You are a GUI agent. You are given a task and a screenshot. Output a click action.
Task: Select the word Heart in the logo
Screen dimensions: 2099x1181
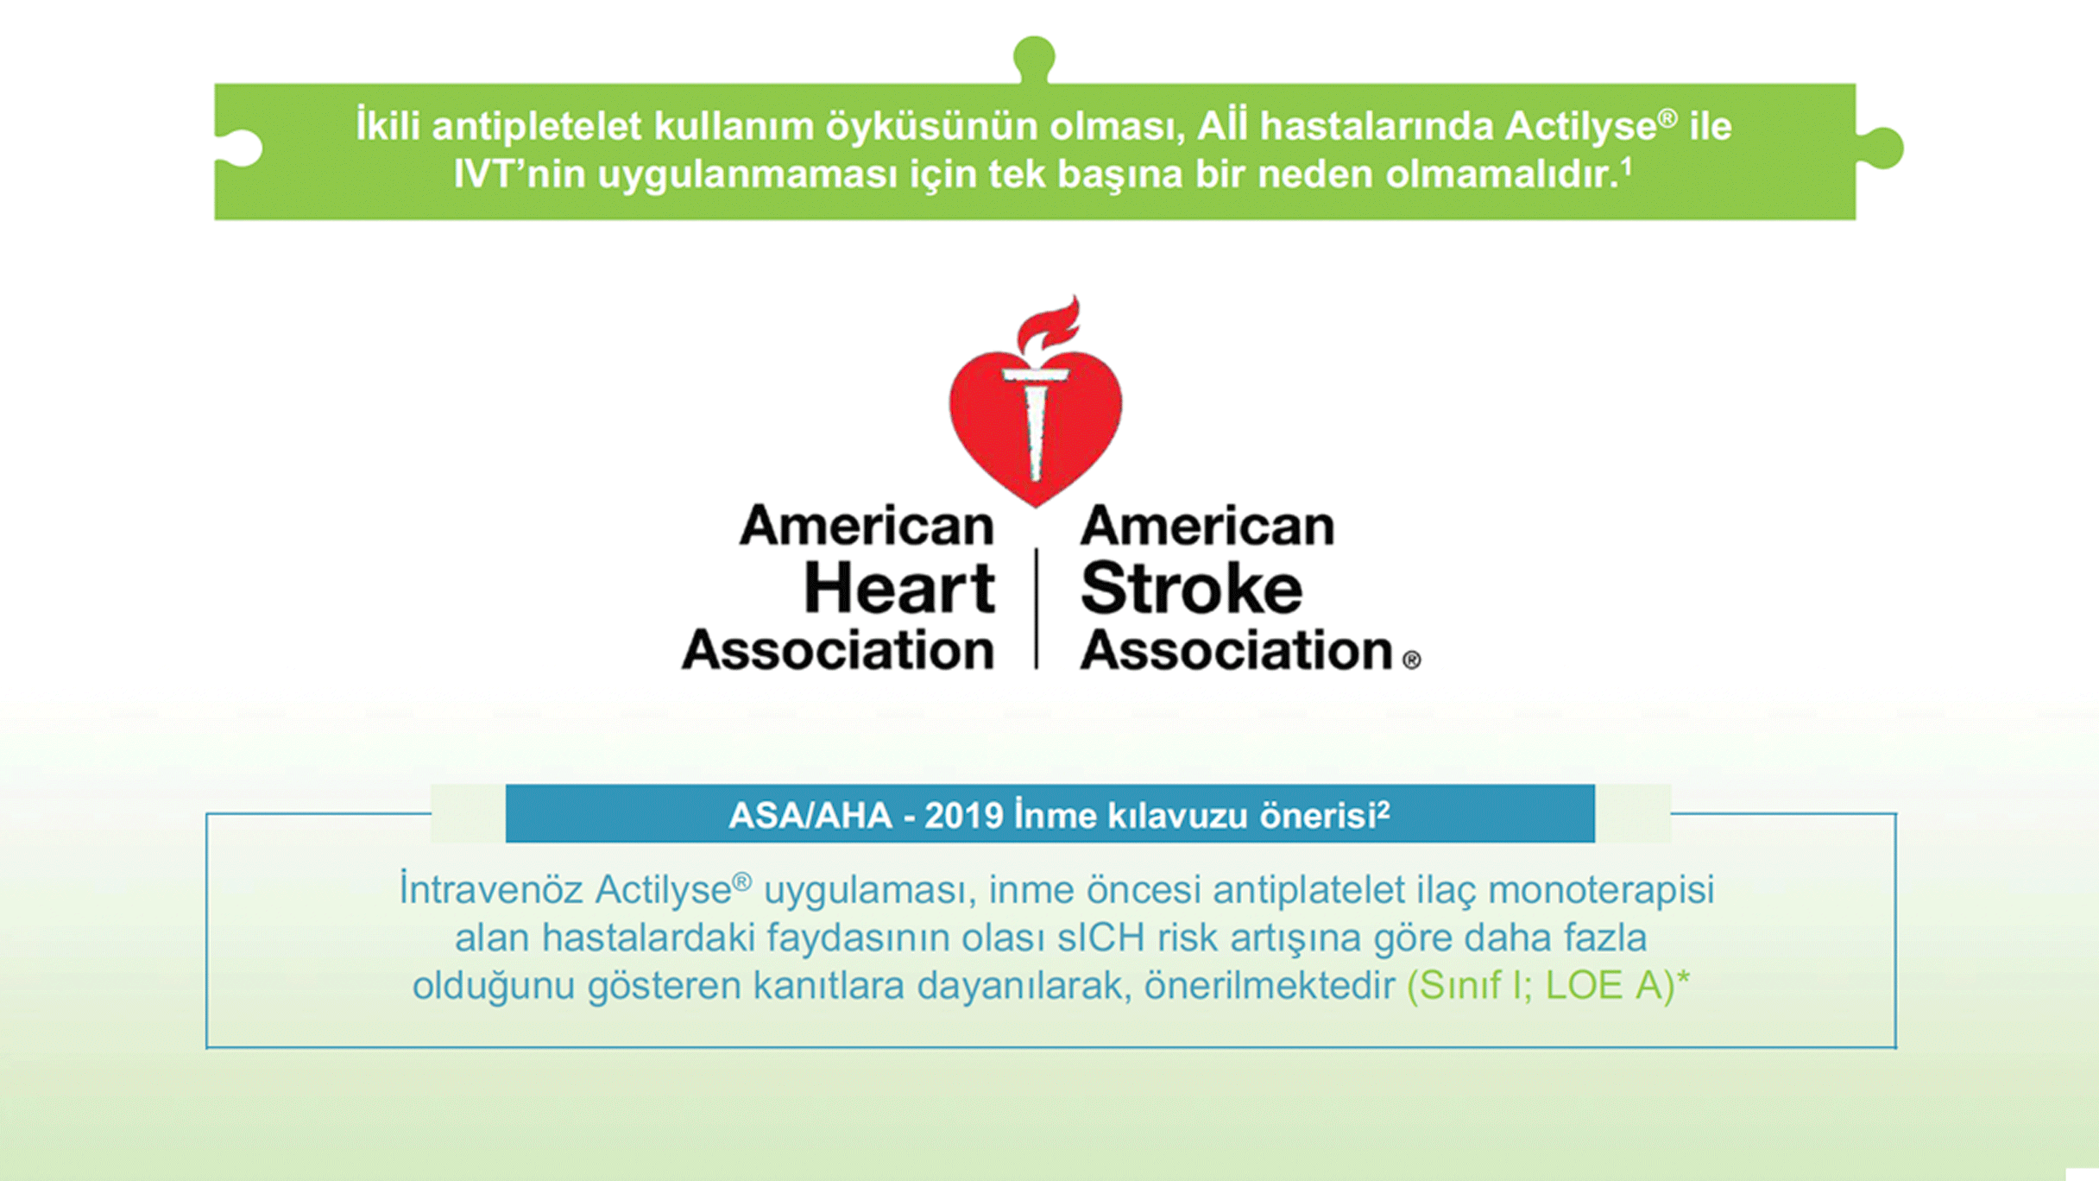point(899,589)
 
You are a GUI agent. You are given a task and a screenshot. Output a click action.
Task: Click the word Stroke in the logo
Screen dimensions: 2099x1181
point(1191,589)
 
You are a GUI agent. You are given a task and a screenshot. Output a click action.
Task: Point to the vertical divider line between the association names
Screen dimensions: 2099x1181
point(1037,608)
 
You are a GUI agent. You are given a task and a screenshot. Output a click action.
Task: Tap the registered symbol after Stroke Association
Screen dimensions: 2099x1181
point(1411,660)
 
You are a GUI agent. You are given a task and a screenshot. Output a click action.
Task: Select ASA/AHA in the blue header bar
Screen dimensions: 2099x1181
point(810,815)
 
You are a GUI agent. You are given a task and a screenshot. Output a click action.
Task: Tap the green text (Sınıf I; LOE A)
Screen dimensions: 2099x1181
point(1541,986)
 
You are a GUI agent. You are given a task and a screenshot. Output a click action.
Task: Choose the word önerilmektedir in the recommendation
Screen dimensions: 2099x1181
point(1270,986)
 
